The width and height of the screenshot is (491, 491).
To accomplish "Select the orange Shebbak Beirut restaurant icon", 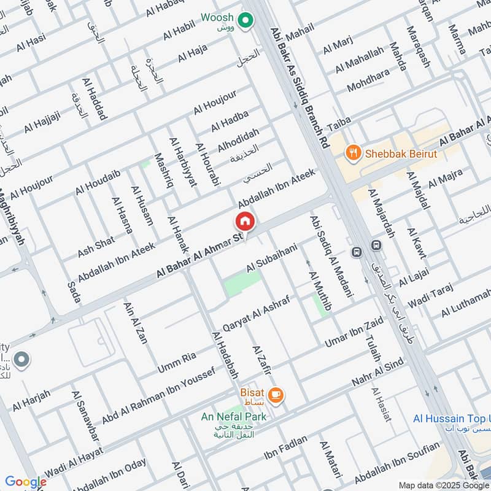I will pos(353,153).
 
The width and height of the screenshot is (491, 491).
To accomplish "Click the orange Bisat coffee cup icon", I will pos(276,395).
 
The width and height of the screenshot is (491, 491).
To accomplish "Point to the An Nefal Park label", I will pos(234,417).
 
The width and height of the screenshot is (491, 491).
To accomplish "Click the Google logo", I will pos(25,482).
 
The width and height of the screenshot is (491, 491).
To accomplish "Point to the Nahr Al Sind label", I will pos(377,374).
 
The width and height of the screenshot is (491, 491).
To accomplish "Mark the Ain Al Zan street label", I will pos(136,322).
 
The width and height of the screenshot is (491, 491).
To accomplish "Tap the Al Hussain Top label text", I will pos(451,419).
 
